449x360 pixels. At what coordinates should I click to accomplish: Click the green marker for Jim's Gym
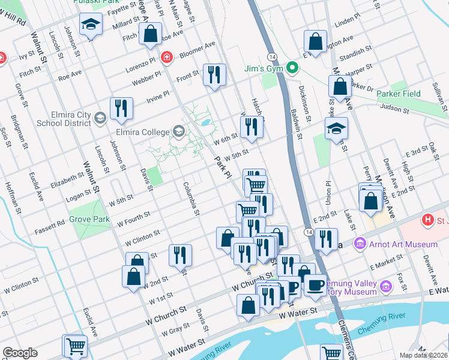[x=292, y=68]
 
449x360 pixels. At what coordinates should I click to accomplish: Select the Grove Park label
[x=89, y=219]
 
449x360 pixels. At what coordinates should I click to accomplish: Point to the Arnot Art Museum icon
[x=360, y=244]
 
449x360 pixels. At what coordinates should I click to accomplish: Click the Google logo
[x=20, y=353]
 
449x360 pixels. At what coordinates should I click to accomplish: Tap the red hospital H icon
[x=427, y=220]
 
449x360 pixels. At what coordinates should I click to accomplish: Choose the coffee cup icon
[x=315, y=285]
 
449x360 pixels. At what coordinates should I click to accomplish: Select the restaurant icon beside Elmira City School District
[x=121, y=108]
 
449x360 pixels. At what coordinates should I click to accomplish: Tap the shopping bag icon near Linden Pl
[x=315, y=41]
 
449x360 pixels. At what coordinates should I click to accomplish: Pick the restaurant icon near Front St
[x=214, y=74]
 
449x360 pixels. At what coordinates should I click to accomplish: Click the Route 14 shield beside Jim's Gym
[x=273, y=56]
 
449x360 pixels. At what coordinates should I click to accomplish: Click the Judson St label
[x=394, y=109]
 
